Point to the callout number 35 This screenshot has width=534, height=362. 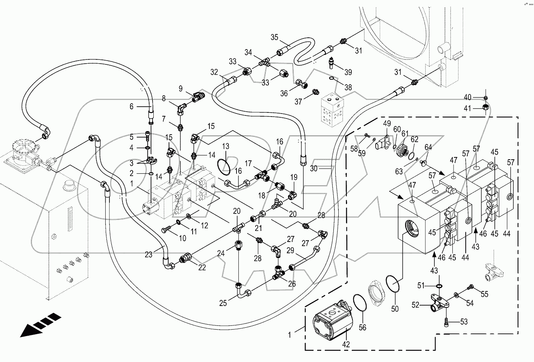[275, 37]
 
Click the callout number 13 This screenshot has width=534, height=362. [226, 146]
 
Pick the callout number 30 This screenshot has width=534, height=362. [314, 167]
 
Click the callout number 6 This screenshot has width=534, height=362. [132, 106]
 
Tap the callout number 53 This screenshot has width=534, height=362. [463, 322]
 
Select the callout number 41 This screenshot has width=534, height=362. [468, 108]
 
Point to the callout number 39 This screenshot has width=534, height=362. [348, 72]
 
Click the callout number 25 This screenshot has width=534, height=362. [223, 303]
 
